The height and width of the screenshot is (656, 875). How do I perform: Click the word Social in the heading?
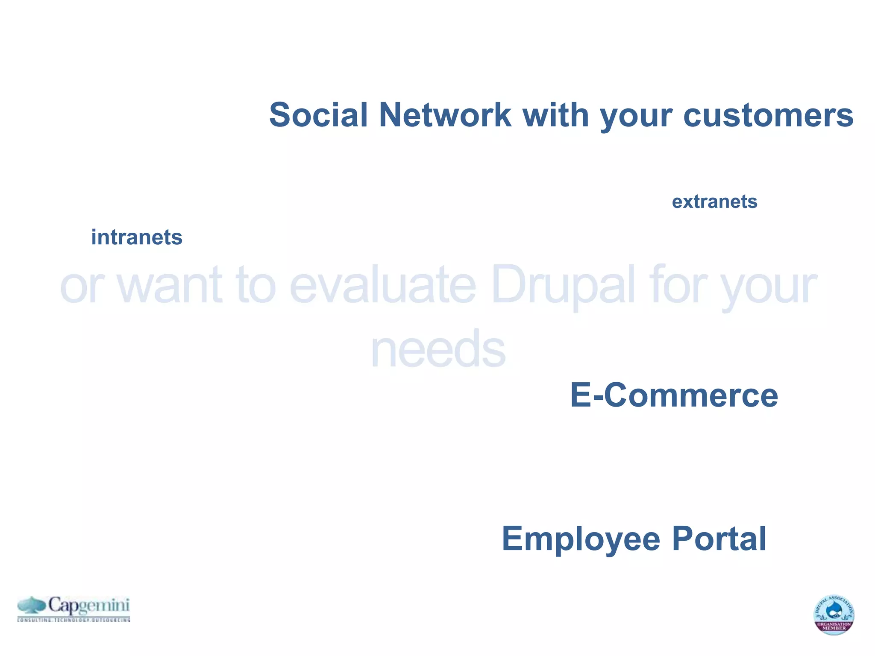pos(318,115)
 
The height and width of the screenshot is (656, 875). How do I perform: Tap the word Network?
pos(445,115)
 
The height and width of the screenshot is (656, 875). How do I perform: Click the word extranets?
pos(714,202)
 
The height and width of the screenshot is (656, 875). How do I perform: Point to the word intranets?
pos(137,237)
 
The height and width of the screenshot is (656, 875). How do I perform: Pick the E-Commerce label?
pos(674,395)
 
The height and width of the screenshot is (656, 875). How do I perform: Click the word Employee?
pos(581,539)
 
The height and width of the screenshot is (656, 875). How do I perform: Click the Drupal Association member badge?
pos(834,615)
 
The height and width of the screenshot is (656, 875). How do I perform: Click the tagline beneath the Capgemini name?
pos(73,619)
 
